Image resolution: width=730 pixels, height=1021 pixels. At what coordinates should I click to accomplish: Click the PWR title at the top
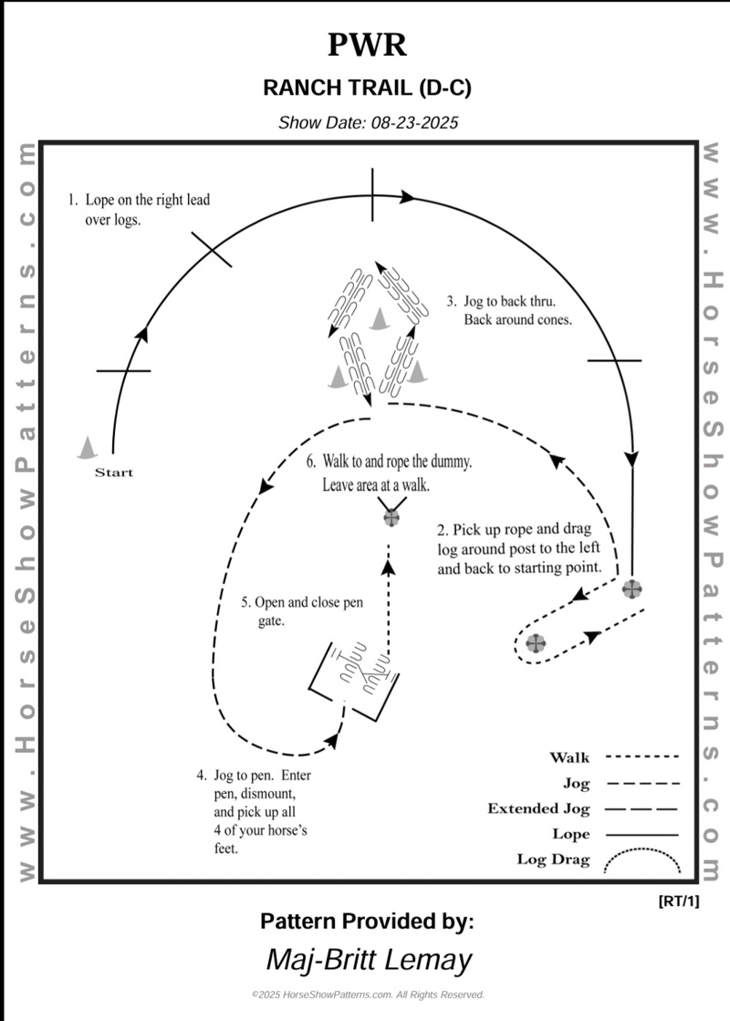(367, 45)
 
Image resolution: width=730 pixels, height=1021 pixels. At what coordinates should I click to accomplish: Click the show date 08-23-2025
(413, 122)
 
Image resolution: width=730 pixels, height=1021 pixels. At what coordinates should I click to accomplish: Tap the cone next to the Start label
(88, 446)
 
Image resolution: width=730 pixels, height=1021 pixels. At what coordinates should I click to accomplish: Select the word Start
(114, 473)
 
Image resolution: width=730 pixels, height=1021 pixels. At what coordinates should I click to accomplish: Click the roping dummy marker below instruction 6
(391, 517)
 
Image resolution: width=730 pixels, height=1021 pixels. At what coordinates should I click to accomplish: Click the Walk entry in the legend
(569, 757)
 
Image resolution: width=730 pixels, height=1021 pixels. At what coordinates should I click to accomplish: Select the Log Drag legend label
(553, 860)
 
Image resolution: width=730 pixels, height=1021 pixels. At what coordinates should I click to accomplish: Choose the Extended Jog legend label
(538, 808)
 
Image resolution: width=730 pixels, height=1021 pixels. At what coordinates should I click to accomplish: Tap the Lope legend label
(571, 834)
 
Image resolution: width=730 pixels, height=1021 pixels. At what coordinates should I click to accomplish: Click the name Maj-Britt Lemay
(369, 960)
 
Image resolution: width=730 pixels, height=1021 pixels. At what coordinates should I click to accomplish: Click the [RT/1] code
(678, 901)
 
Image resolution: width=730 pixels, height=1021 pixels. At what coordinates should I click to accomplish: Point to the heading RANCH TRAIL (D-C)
(367, 88)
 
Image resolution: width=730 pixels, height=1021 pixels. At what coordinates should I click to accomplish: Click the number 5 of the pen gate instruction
(245, 602)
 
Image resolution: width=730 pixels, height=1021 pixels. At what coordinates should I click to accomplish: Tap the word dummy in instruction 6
(451, 463)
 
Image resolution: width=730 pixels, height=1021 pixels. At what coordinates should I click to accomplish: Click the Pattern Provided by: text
(367, 921)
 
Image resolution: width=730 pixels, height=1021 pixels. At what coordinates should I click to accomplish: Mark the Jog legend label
(577, 783)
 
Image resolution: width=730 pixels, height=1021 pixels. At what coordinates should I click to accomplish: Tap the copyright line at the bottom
(367, 995)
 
